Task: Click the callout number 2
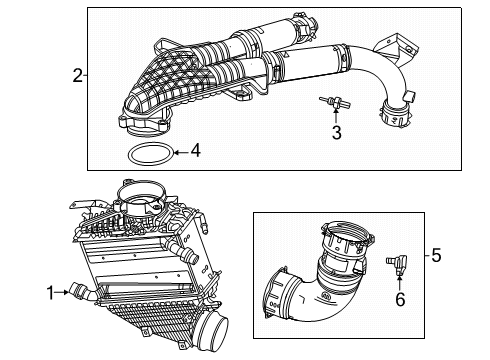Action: tap(77, 75)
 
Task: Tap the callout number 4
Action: tap(196, 152)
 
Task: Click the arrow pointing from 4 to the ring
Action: tap(179, 152)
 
